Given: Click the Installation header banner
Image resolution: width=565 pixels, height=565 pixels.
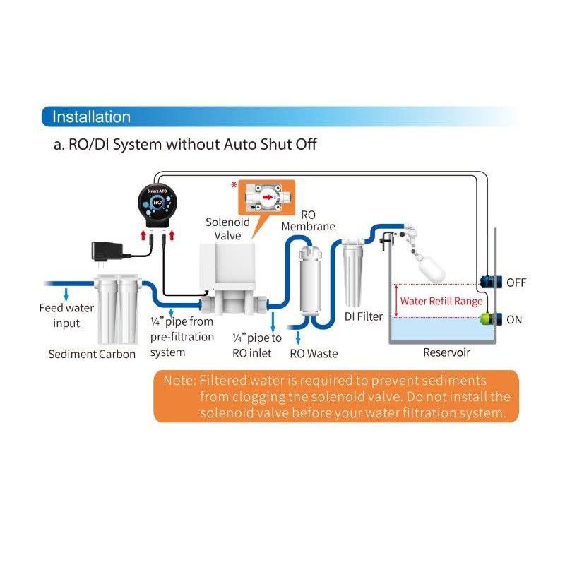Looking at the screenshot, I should (x=92, y=117).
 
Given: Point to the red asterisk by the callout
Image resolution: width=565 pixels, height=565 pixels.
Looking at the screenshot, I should (x=234, y=184).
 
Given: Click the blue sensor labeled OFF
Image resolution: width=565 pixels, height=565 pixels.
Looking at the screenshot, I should (x=488, y=282).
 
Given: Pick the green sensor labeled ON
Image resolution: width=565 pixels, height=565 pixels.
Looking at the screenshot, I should (x=488, y=319).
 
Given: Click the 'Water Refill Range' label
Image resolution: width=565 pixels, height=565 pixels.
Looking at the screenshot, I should (x=441, y=301).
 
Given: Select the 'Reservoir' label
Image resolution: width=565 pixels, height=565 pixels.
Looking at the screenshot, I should (x=446, y=352).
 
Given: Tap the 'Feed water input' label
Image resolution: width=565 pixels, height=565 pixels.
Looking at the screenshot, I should (x=66, y=316).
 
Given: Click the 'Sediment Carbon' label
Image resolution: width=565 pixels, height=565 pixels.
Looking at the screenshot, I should (x=92, y=354).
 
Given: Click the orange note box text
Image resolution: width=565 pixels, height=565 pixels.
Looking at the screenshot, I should (x=336, y=397).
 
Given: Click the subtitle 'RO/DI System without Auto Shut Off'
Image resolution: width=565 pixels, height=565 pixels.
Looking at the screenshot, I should (x=186, y=145).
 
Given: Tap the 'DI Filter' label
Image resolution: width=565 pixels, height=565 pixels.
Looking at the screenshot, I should (x=364, y=316).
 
